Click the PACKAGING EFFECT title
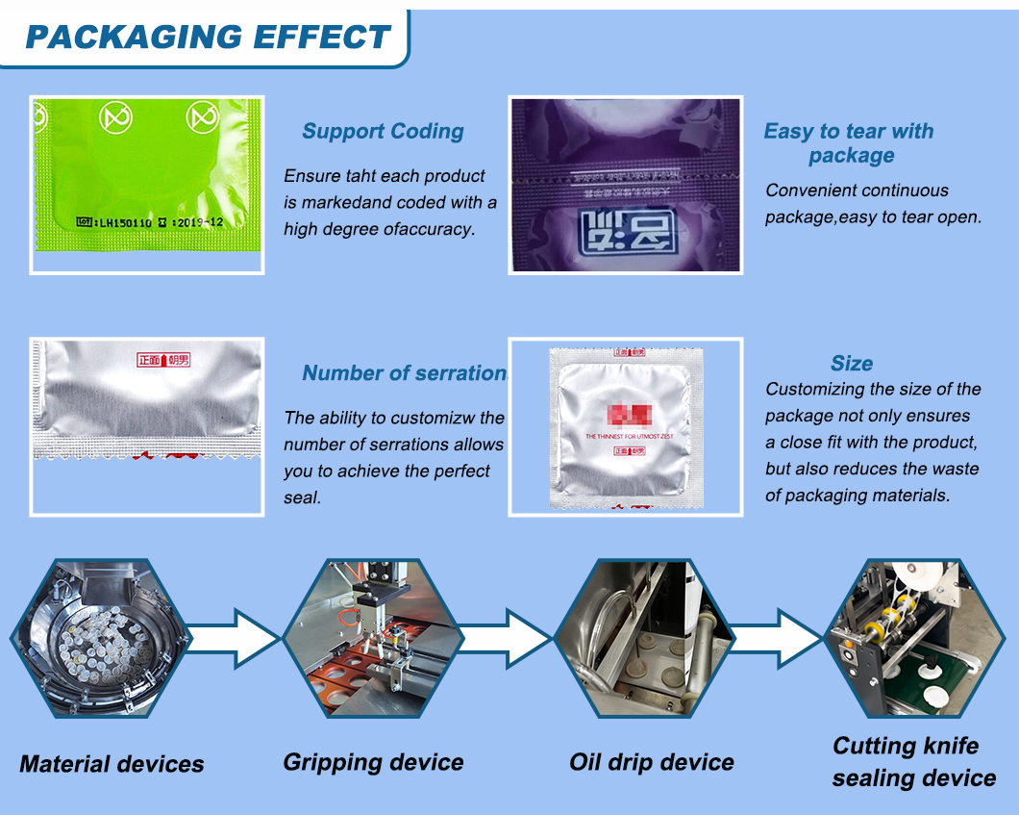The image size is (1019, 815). [207, 37]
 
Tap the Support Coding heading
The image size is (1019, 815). [383, 132]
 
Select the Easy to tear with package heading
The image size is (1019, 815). [849, 143]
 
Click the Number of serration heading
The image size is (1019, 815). [404, 373]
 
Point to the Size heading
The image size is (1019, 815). [852, 364]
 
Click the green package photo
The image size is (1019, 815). [146, 184]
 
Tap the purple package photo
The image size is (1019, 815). [625, 184]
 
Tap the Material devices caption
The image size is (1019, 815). [112, 765]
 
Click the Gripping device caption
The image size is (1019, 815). [373, 763]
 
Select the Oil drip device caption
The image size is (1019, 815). [652, 763]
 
